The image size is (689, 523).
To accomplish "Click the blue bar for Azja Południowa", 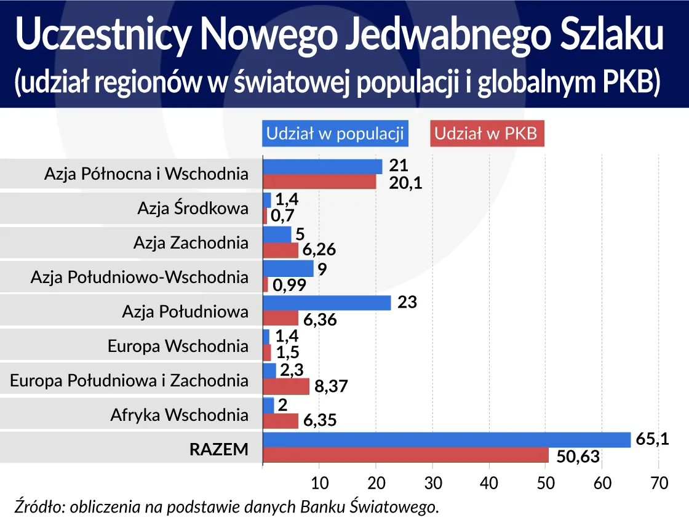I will [327, 303].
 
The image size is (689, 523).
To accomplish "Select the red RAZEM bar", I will [405, 455].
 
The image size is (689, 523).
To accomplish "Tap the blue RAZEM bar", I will [447, 440].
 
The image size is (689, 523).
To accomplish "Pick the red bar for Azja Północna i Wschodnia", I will [319, 182].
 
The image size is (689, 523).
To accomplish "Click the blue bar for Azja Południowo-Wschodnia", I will [288, 269].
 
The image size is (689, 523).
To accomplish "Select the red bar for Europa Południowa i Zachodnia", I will [286, 386].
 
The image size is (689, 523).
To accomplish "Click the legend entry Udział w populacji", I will [335, 134].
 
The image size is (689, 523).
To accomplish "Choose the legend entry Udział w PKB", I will [487, 134].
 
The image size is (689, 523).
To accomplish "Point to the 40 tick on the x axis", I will [489, 483].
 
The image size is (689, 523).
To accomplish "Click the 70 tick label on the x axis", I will [659, 483].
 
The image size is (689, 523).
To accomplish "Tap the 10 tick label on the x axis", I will [319, 483].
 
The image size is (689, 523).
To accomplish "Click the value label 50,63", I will [578, 457].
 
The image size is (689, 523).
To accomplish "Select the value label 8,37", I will [332, 387].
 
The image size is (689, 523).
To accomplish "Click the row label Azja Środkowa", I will [193, 208].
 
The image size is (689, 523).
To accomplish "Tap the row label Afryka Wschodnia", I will [179, 415].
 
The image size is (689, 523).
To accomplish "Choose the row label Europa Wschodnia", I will [178, 346].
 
